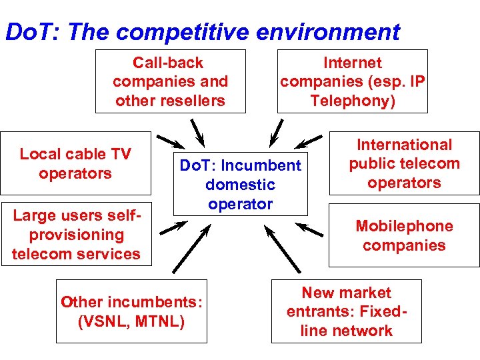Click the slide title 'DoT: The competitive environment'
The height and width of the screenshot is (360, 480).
(202, 31)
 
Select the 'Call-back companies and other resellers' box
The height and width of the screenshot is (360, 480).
(170, 81)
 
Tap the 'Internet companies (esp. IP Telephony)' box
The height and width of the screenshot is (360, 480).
(353, 81)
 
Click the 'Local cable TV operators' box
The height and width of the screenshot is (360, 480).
(75, 164)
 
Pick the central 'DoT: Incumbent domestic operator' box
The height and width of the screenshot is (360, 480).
(240, 185)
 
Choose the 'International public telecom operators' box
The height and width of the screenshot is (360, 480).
(404, 164)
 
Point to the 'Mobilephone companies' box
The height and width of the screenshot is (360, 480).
(404, 235)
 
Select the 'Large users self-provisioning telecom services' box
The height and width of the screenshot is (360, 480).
(76, 235)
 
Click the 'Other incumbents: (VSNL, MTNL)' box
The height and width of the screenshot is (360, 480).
(131, 311)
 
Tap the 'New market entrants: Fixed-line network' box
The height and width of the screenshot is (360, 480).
(346, 311)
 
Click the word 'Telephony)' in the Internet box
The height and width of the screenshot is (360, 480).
(353, 101)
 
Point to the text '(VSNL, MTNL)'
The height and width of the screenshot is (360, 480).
(131, 321)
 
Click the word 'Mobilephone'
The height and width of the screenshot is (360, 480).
(404, 226)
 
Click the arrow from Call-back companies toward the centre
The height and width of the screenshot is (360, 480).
(197, 131)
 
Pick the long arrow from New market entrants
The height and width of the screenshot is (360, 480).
(283, 249)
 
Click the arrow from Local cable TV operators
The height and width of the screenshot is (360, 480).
(171, 142)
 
